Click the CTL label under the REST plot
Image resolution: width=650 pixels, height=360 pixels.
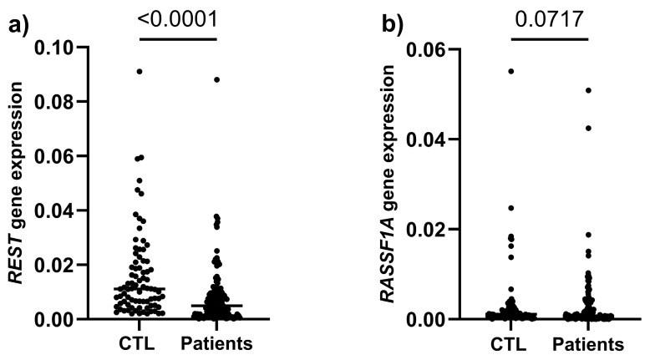(140, 343)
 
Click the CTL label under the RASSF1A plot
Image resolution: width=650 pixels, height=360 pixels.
(512, 343)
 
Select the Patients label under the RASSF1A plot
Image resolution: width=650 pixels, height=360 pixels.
(588, 343)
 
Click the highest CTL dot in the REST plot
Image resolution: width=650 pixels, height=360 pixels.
(140, 72)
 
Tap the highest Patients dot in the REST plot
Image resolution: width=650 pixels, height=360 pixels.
(216, 79)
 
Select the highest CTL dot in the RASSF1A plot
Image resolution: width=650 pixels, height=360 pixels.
(511, 71)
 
